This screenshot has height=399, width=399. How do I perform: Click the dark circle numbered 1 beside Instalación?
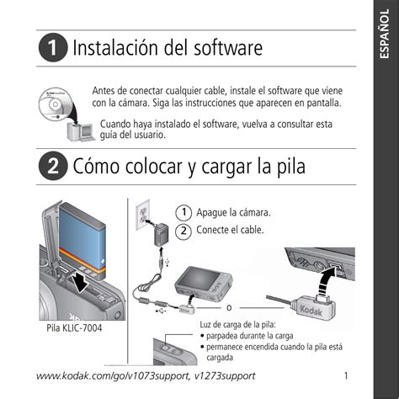[x=53, y=47]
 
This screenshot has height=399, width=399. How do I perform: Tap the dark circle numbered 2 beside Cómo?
[x=53, y=166]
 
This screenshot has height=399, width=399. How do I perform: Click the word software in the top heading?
[x=228, y=48]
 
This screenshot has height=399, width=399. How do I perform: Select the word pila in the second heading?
[x=291, y=166]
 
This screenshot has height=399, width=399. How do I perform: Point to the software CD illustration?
[x=55, y=104]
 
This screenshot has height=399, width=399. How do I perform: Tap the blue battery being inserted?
[x=82, y=242]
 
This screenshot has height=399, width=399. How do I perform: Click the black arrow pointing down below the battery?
[x=82, y=282]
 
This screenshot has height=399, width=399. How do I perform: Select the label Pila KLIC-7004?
[x=74, y=328]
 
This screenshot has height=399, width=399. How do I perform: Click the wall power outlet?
[x=142, y=215]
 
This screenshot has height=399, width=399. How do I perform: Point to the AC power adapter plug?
[x=162, y=234]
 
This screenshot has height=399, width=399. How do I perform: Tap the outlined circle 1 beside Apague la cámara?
[x=184, y=213]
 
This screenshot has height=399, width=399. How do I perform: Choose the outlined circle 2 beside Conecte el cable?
[x=184, y=231]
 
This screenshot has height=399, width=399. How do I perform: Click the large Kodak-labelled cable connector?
[x=314, y=309]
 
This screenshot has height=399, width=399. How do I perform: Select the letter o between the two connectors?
[x=229, y=308]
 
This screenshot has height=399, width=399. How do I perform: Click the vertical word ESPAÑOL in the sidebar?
[x=385, y=34]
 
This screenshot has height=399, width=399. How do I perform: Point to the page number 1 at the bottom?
[x=346, y=375]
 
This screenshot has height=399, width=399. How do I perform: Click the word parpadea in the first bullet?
[x=221, y=336]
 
